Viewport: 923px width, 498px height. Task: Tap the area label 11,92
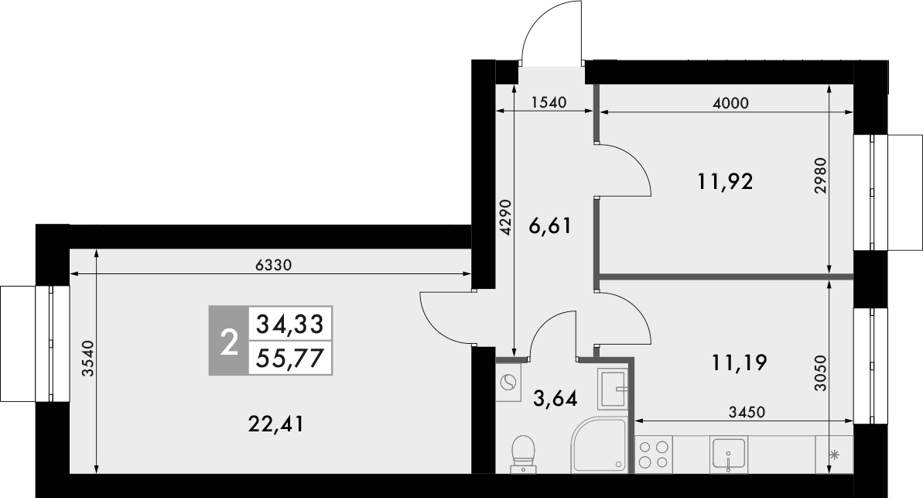[x=725, y=183]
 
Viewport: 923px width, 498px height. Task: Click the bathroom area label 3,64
[x=556, y=400]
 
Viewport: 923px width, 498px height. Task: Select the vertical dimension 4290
[x=505, y=218]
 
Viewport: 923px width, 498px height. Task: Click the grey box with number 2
[x=227, y=342]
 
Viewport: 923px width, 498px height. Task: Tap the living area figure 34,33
[x=289, y=324]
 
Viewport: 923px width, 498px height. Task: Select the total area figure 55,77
[x=289, y=359]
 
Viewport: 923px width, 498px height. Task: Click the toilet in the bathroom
[x=524, y=452]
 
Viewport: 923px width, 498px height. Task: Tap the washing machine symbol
[x=510, y=382]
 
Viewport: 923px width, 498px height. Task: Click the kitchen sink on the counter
[x=728, y=453]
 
